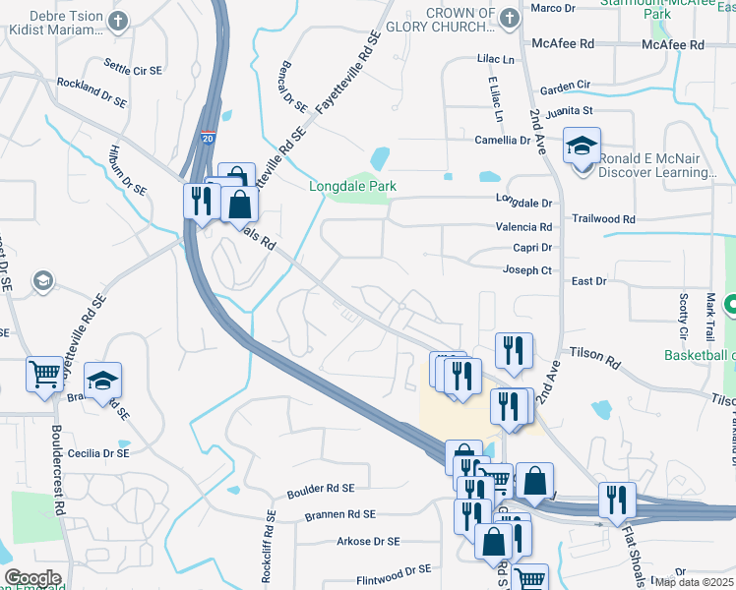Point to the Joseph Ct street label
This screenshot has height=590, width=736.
tap(528, 269)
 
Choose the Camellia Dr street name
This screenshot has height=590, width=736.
tap(502, 140)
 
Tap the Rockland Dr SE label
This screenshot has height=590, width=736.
tap(92, 93)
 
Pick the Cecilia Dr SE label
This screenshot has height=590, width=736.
tap(97, 453)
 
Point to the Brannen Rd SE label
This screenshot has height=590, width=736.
tap(340, 513)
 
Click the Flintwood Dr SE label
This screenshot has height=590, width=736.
tap(395, 568)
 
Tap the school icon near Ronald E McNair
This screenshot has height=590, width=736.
tap(582, 147)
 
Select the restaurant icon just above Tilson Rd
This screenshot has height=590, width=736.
tap(514, 350)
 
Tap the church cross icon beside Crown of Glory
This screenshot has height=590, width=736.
tap(509, 18)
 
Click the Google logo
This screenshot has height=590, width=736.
tap(32, 578)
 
